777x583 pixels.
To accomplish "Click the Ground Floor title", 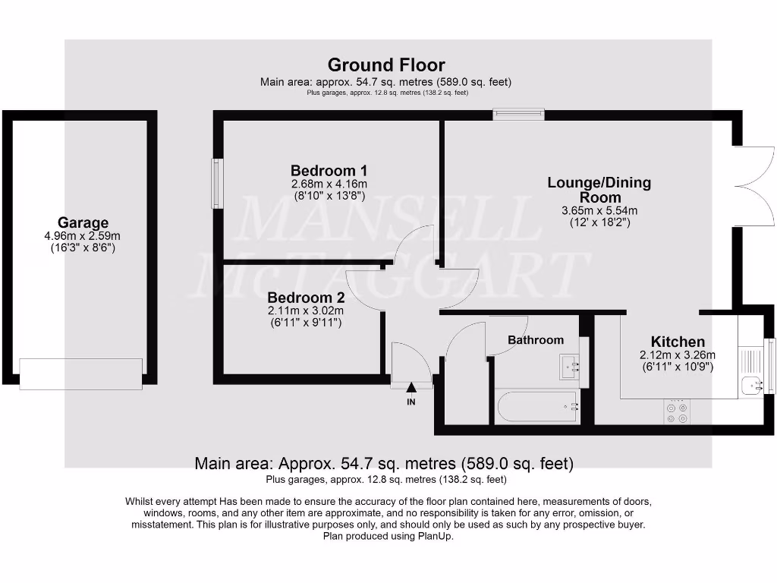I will click(x=386, y=65).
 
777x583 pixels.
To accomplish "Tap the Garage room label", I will click(x=83, y=223).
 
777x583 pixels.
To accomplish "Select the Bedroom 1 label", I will click(x=329, y=170).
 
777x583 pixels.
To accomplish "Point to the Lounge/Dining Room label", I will click(x=599, y=190).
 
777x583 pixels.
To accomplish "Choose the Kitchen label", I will click(x=677, y=342).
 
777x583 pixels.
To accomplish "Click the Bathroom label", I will click(x=536, y=340).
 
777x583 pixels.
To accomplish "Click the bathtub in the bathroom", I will click(x=538, y=408).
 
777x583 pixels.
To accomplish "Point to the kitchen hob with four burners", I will click(x=676, y=413).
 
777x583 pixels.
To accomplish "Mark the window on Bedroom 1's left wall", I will click(x=217, y=184).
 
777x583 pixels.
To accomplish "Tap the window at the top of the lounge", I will click(x=518, y=115).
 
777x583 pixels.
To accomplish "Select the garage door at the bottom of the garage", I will click(x=80, y=373).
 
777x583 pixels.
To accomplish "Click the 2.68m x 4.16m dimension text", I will click(x=329, y=184).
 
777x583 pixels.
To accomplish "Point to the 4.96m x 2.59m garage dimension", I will click(x=83, y=236).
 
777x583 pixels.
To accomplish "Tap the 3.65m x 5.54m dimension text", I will click(x=599, y=210).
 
